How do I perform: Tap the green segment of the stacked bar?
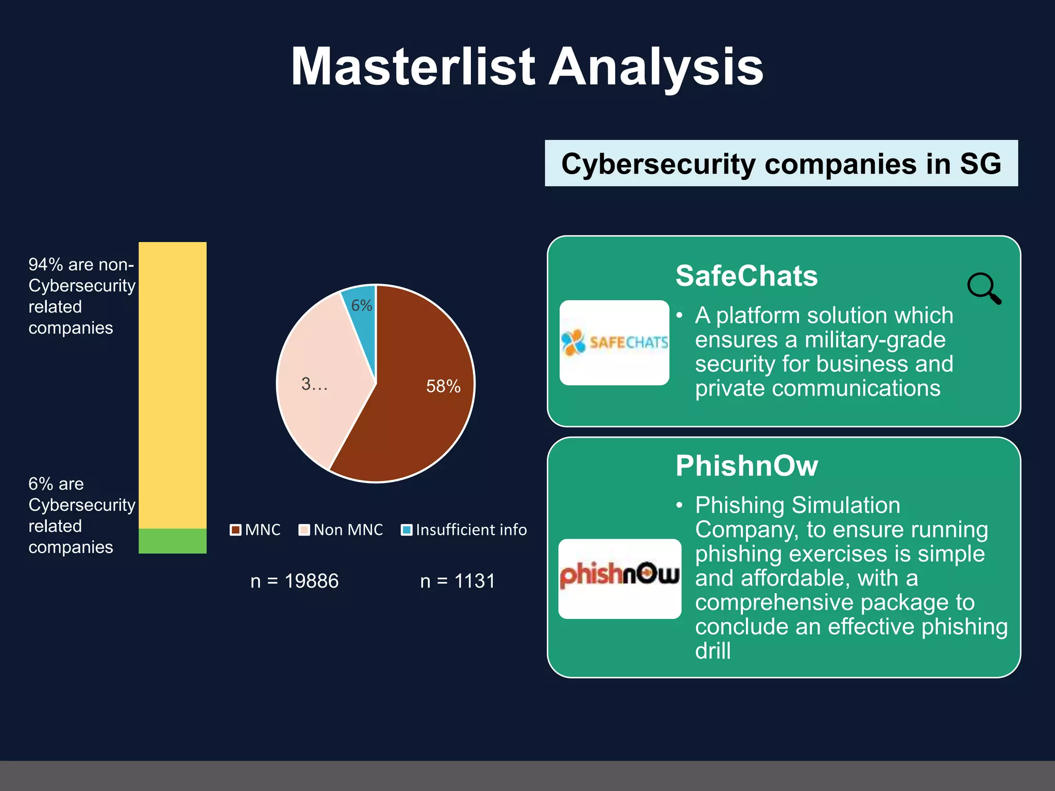pyautogui.click(x=173, y=541)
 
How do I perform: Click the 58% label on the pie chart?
pyautogui.click(x=443, y=386)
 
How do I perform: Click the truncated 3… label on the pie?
pyautogui.click(x=314, y=384)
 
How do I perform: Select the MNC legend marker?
pyautogui.click(x=235, y=530)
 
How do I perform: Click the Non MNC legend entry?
pyautogui.click(x=341, y=530)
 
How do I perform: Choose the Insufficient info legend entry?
pyautogui.click(x=464, y=530)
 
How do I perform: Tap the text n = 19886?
pyautogui.click(x=294, y=581)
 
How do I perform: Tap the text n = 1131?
pyautogui.click(x=457, y=581)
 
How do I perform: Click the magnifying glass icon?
pyautogui.click(x=983, y=288)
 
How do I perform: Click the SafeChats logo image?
pyautogui.click(x=614, y=342)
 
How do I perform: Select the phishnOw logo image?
pyautogui.click(x=619, y=578)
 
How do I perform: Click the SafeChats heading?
pyautogui.click(x=746, y=276)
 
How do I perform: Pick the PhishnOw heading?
pyautogui.click(x=746, y=466)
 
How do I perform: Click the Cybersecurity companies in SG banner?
pyautogui.click(x=781, y=163)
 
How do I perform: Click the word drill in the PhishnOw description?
pyautogui.click(x=712, y=651)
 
